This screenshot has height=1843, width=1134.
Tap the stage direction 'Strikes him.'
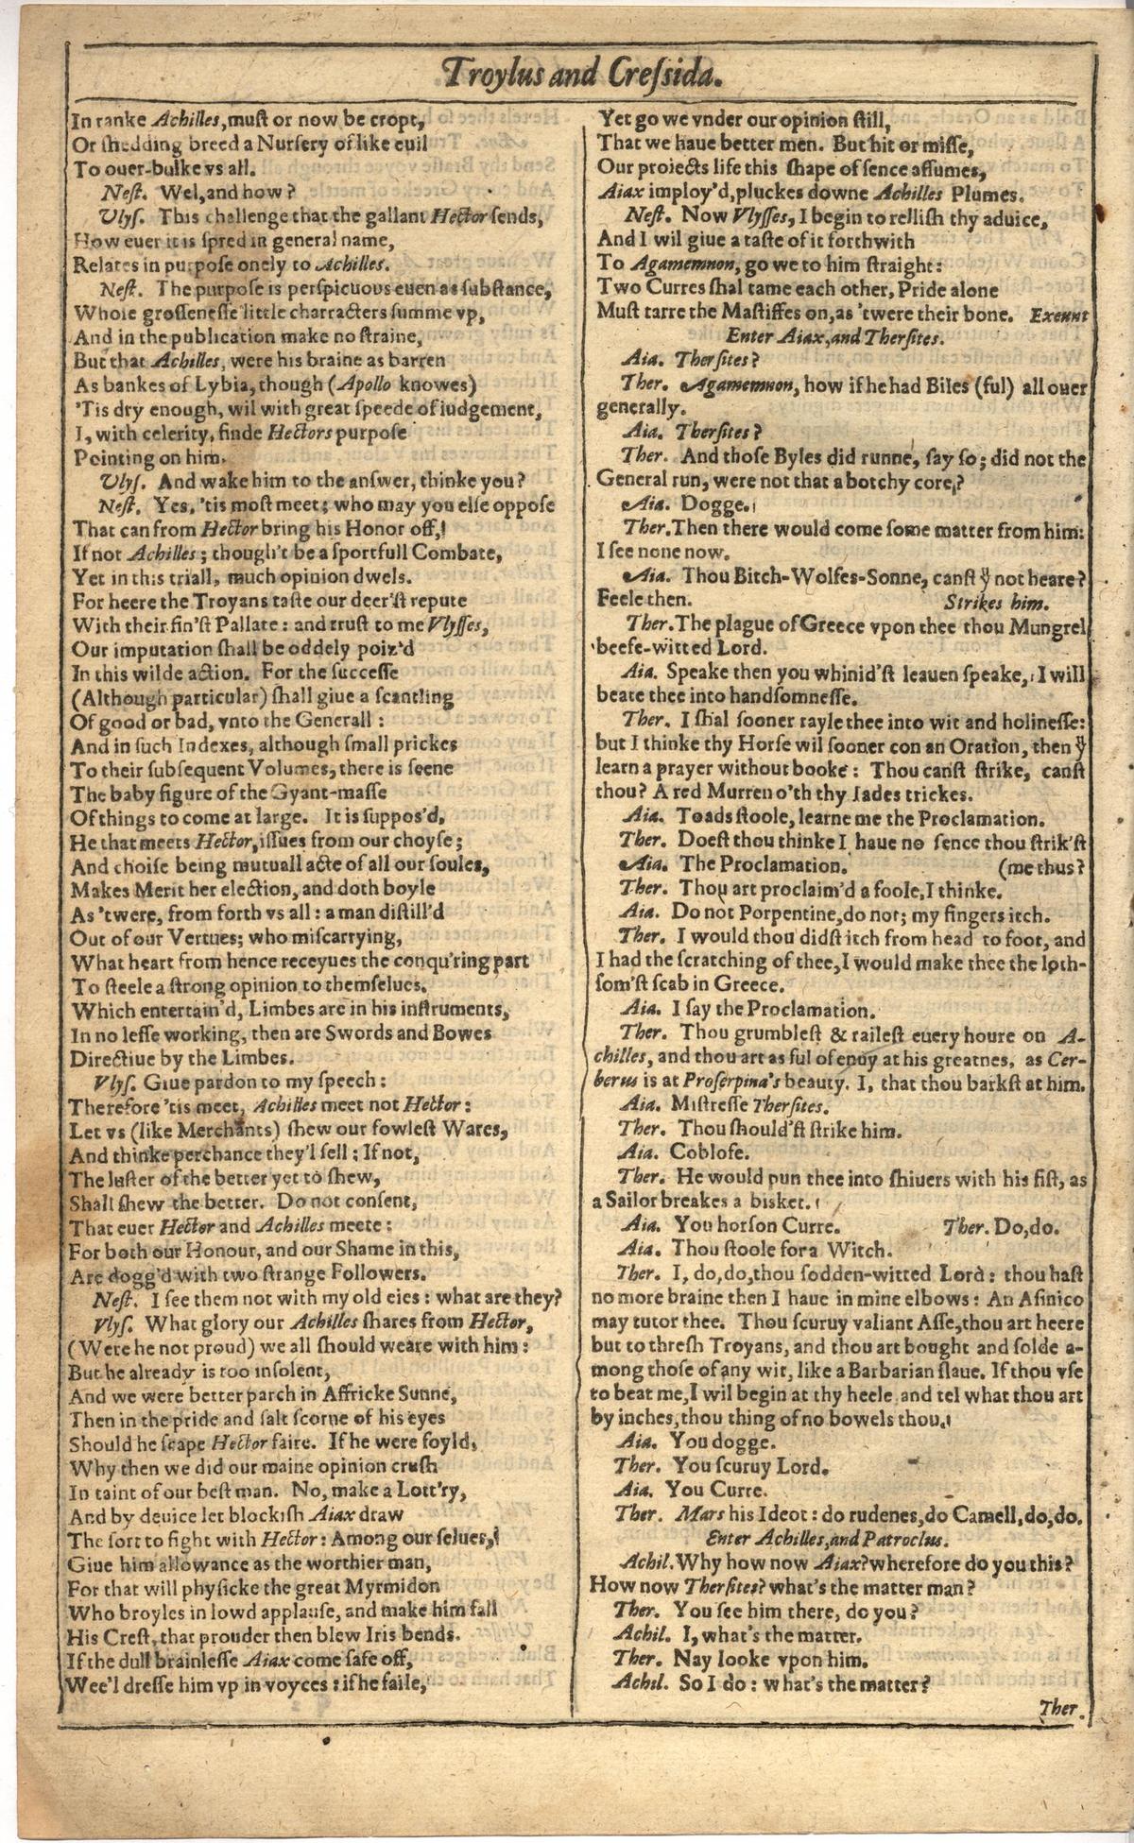[x=996, y=601]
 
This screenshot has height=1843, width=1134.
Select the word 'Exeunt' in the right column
[x=1057, y=315]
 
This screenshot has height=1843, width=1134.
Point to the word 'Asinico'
[x=1044, y=1299]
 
